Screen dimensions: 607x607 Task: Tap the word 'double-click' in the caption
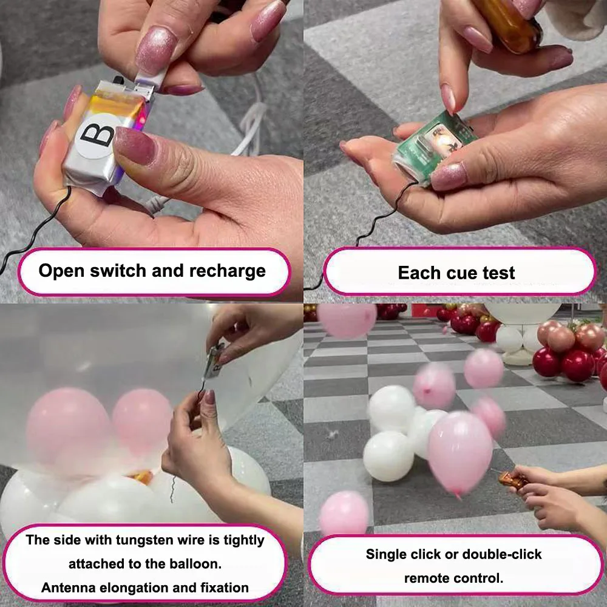pos(502,554)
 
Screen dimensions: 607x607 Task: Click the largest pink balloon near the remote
pos(459,452)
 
